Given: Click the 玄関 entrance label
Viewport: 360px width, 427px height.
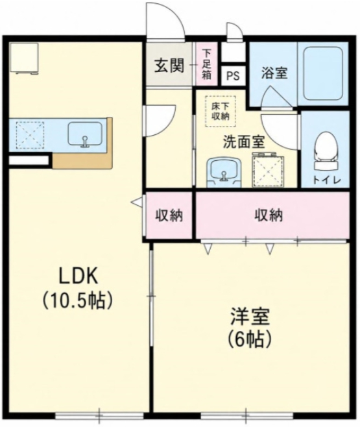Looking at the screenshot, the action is coord(169,66).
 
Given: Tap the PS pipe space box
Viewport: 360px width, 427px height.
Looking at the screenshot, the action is coord(233,75).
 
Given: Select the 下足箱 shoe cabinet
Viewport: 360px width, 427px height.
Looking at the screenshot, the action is coord(207,64).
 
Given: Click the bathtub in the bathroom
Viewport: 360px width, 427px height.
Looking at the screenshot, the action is coord(323,73).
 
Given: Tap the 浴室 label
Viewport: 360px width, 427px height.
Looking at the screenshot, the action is coord(274,73).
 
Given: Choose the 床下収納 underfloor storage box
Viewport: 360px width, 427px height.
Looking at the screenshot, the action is coord(221,111).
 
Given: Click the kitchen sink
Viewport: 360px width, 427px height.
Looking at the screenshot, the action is coord(85,134).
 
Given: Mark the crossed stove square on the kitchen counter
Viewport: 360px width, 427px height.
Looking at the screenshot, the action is coord(30,135).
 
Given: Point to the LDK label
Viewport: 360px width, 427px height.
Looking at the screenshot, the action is coord(78,276).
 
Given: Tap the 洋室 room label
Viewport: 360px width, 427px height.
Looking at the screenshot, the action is coord(250,317).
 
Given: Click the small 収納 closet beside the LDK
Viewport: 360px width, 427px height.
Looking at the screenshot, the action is coord(169,215).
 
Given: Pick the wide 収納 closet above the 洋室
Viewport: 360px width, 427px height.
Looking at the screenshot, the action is coord(272,215).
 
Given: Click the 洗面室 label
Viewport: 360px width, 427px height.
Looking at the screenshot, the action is coord(243,141).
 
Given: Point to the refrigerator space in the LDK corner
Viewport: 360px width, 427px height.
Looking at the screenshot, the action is coord(24,58).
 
